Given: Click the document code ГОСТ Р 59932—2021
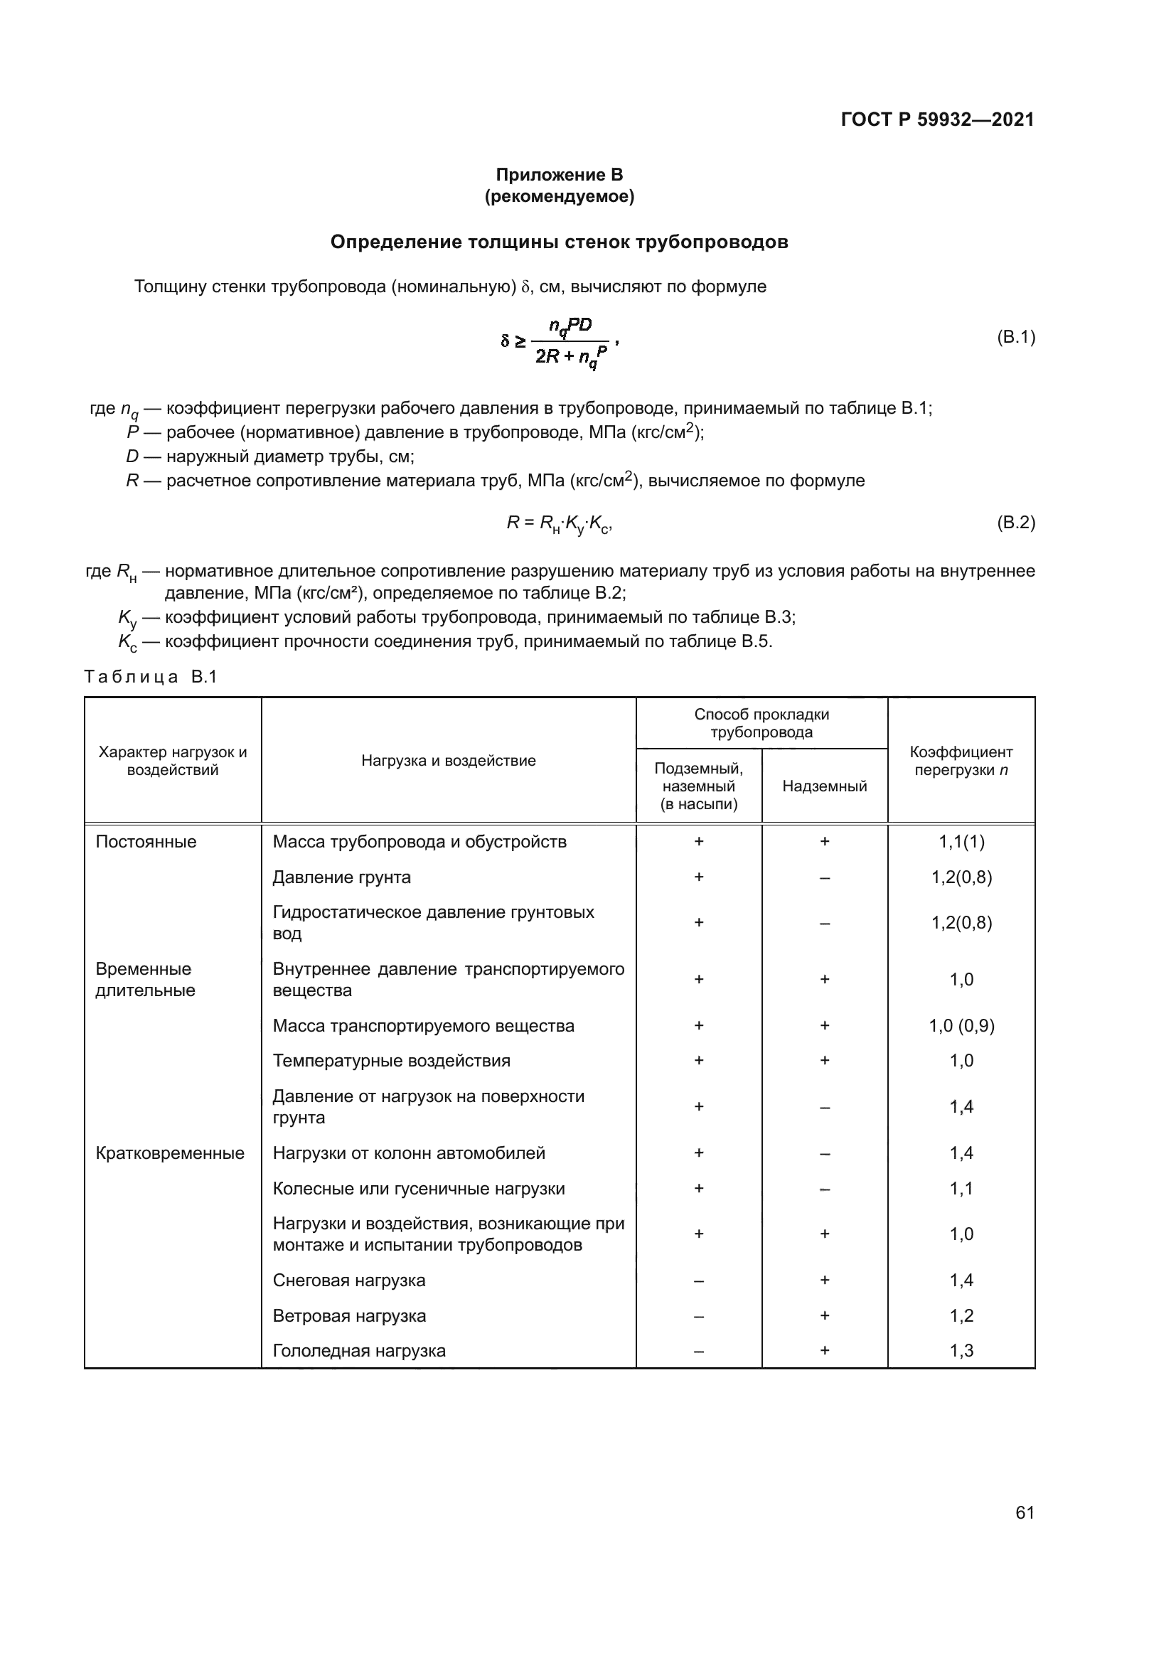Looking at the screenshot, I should (x=937, y=119).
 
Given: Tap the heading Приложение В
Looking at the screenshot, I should (x=559, y=175).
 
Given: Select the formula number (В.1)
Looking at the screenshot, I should (x=1016, y=337).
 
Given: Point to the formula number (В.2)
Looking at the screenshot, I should (x=1016, y=523).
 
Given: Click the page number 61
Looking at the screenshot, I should (x=1025, y=1512).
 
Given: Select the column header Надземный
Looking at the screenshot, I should (x=824, y=786).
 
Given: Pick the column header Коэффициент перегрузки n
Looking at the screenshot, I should (x=961, y=761).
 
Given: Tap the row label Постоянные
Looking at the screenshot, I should (x=146, y=842).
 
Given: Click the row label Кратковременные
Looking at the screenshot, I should (x=170, y=1153).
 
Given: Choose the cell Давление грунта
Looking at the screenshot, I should (x=342, y=877).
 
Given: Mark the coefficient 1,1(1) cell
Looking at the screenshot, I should (x=961, y=842).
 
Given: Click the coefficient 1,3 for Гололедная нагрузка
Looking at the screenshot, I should (x=961, y=1351).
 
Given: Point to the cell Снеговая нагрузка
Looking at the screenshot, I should (x=349, y=1280).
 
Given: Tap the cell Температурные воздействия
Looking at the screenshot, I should (x=391, y=1061).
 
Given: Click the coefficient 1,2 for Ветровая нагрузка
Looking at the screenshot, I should (x=961, y=1316).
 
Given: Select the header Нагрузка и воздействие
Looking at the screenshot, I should (x=448, y=761).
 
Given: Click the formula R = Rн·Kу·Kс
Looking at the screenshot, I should (x=560, y=524).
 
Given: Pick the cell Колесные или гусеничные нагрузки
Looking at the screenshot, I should (x=419, y=1189).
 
